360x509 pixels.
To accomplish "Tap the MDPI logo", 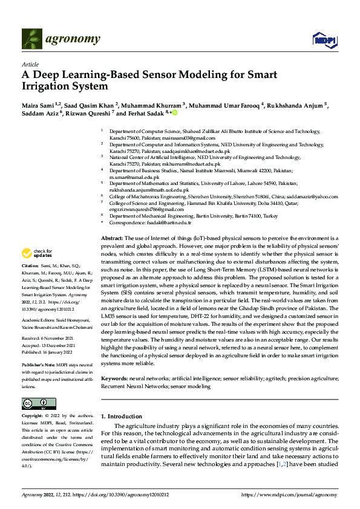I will tap(322, 40).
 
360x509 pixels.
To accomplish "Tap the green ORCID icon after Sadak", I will tap(175, 113).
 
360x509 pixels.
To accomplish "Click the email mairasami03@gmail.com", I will tap(176, 138).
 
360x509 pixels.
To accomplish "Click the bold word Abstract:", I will tap(112, 239).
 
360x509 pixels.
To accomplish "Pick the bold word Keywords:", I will tap(114, 378).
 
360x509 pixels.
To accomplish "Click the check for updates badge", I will tap(37, 253).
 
